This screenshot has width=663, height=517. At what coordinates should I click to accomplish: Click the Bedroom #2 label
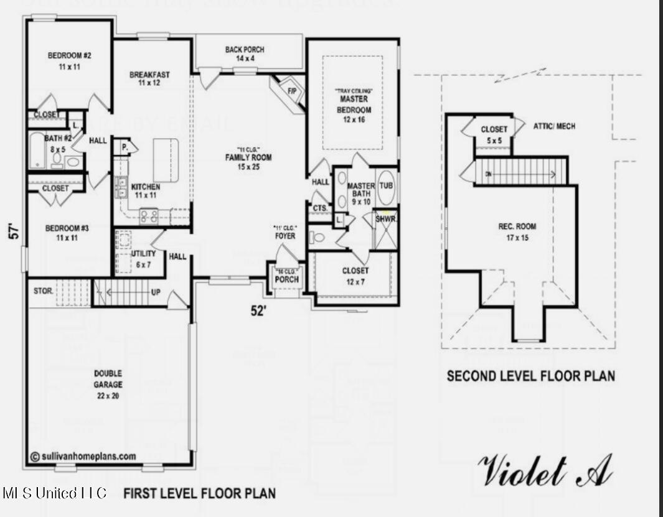[x=70, y=61]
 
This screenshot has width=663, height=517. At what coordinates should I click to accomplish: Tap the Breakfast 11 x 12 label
[x=149, y=79]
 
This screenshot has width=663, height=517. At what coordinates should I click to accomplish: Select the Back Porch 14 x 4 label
[x=245, y=54]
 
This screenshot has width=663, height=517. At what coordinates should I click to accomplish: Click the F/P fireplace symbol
[x=291, y=90]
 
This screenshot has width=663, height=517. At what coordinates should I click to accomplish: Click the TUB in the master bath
[x=386, y=186]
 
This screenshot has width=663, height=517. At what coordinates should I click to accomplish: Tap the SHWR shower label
[x=385, y=219]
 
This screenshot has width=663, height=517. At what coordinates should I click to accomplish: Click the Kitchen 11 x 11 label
[x=145, y=191]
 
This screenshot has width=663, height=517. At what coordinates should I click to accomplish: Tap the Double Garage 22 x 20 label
[x=108, y=380]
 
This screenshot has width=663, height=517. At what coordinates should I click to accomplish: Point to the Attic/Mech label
[x=554, y=126]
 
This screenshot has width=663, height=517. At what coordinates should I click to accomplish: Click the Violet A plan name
[x=544, y=471]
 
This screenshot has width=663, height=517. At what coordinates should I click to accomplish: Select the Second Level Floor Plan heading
[x=530, y=376]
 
